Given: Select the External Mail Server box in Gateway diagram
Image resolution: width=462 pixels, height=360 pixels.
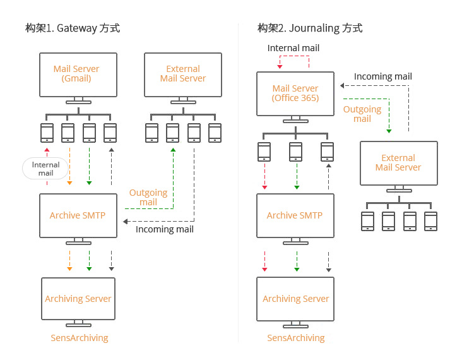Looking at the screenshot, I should coord(183,74).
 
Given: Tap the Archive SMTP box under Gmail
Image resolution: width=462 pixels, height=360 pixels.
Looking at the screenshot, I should coord(78,215).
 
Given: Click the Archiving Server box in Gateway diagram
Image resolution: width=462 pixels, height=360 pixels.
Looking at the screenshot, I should coord(78,299).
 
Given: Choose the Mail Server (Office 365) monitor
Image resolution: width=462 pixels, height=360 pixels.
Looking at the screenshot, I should coord(295,93).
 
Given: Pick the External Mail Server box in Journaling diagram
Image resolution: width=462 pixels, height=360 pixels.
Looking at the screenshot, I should coord(398,163).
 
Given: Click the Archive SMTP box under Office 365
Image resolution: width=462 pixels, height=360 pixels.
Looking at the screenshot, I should coord(295,215).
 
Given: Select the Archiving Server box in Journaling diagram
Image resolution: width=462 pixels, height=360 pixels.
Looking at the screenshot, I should coord(296,299).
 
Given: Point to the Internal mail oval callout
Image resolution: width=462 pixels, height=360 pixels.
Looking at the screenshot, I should coord(45,169).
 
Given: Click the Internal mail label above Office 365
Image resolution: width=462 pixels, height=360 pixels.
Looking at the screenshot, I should coord(293,48).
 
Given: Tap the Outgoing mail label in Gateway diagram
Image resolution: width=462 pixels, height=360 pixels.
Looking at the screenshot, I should coord(148,197).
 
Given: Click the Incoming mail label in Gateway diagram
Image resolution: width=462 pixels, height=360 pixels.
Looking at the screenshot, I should coord(165,229).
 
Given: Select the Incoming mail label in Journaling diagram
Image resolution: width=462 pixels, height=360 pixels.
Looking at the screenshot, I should coord(382,76).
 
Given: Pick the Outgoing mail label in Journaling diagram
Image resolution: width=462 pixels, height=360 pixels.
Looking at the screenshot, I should coord(362,114).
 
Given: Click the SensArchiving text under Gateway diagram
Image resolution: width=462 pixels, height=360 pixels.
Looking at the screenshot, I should coord(80,338).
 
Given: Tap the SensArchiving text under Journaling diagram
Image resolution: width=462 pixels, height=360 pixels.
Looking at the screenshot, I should coord(296,338).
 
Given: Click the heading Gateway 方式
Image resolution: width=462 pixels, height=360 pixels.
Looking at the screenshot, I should coord(73,28).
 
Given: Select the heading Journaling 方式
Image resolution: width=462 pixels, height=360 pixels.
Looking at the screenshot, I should coord(310,28).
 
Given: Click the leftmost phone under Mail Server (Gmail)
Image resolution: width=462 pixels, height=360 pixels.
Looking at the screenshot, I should coord(47,132).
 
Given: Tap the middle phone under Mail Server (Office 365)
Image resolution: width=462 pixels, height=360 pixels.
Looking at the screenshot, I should coord(295,152).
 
